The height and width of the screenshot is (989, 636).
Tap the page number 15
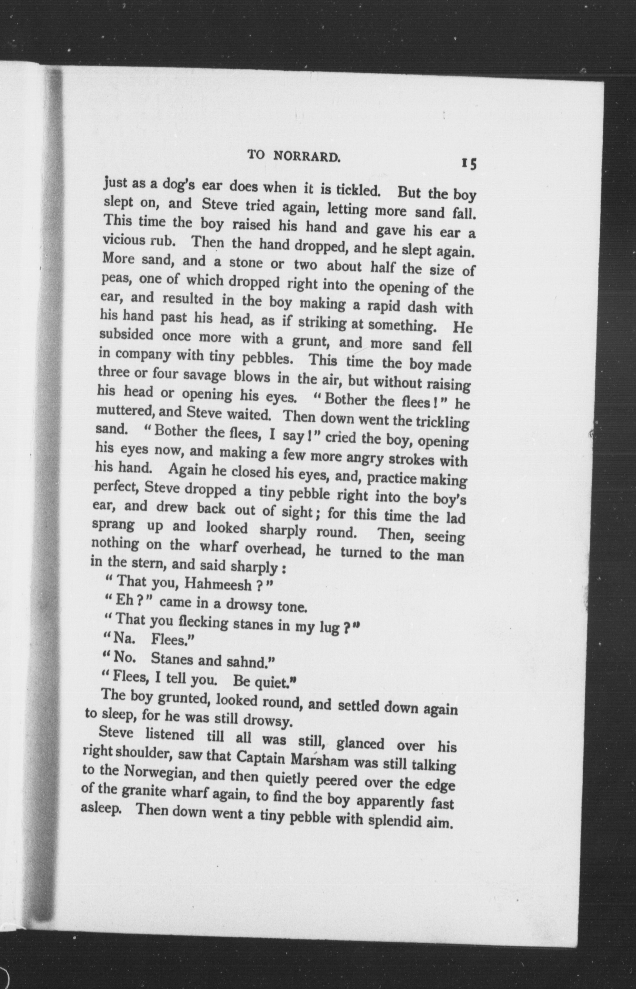pos(469,164)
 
